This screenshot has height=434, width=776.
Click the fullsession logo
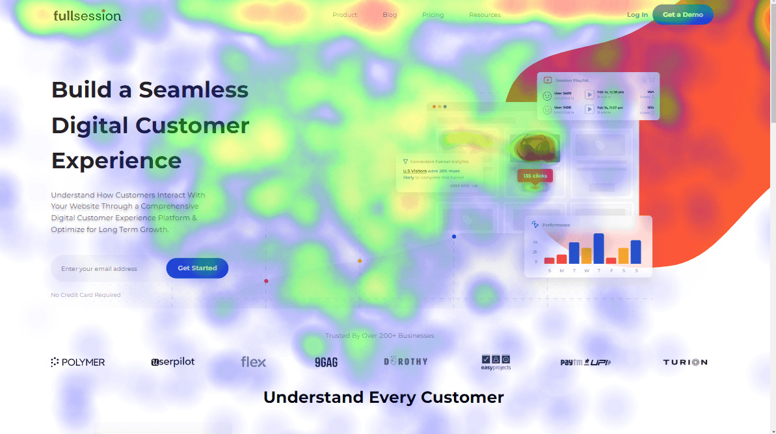pyautogui.click(x=87, y=15)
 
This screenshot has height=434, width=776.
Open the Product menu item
pyautogui.click(x=345, y=15)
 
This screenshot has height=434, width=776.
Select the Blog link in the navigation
pyautogui.click(x=390, y=15)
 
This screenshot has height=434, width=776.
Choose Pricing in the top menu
pyautogui.click(x=433, y=15)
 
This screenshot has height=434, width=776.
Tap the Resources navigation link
pyautogui.click(x=485, y=15)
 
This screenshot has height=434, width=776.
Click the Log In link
pyautogui.click(x=637, y=15)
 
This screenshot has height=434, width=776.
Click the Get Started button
pyautogui.click(x=197, y=268)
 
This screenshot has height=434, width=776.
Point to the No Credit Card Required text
pyautogui.click(x=86, y=295)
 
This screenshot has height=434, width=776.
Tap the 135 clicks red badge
pyautogui.click(x=535, y=176)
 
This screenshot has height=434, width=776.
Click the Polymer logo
pyautogui.click(x=78, y=362)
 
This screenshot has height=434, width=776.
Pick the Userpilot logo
pyautogui.click(x=172, y=362)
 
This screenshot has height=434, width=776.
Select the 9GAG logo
pyautogui.click(x=326, y=362)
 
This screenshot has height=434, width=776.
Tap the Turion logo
pyautogui.click(x=685, y=362)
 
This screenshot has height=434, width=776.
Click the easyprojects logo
pyautogui.click(x=496, y=363)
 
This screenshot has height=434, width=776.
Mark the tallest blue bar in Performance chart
pyautogui.click(x=598, y=248)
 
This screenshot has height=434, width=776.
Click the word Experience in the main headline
pyautogui.click(x=116, y=160)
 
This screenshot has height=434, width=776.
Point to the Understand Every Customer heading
pyautogui.click(x=383, y=397)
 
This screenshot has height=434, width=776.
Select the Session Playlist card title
pyautogui.click(x=572, y=81)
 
